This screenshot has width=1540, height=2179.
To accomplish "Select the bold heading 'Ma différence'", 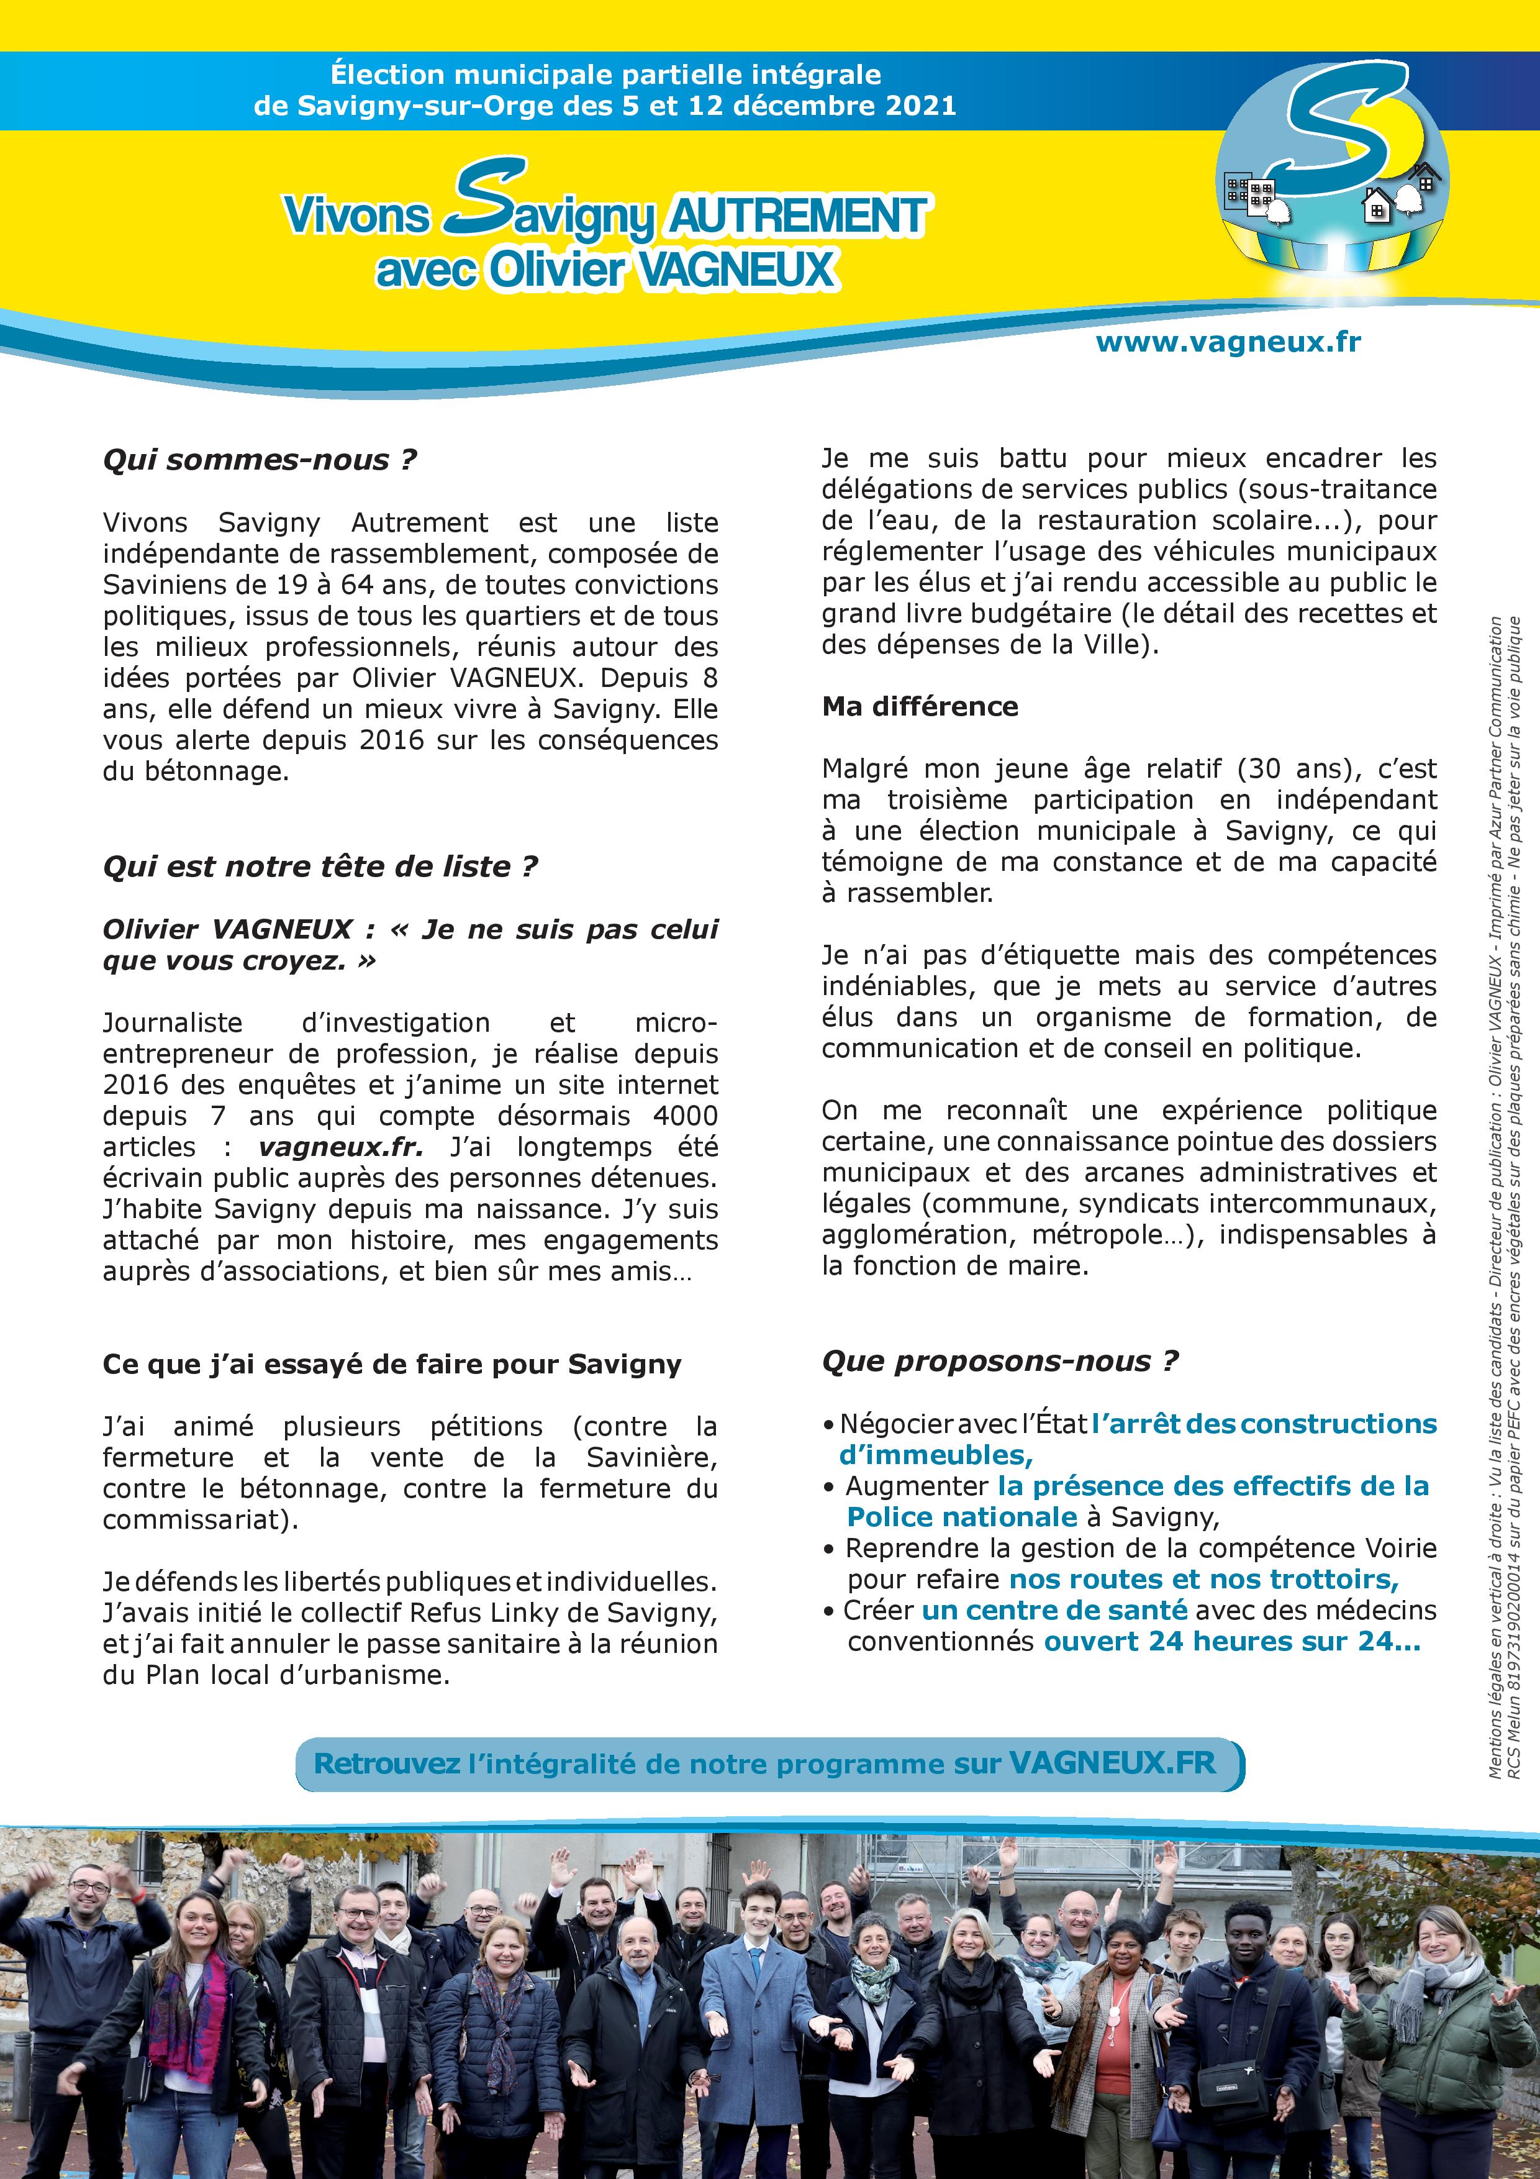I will coord(920,706).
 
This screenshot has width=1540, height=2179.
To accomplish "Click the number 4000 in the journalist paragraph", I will coord(685,1116).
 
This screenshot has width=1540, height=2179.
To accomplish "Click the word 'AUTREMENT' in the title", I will coord(797,216).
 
